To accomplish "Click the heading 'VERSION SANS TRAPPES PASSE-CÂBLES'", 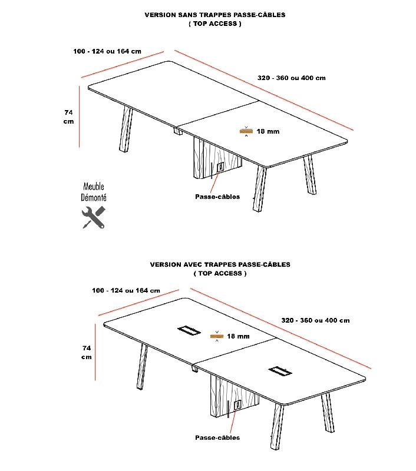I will coord(214,15).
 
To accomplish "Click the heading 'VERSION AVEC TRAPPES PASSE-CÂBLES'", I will coord(220,265).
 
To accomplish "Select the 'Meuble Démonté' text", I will coord(94,193).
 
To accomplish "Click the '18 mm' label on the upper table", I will coord(268,131).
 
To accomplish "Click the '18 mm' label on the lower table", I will coord(239,336).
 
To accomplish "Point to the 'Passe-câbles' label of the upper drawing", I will coord(217,197).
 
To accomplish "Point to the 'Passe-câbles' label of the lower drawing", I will coord(217,437).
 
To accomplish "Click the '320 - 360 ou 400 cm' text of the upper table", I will coord(291,78).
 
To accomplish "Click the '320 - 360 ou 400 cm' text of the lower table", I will coord(315,320).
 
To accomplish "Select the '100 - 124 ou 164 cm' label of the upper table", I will coord(107,51).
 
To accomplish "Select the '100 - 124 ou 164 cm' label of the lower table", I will coord(126,290).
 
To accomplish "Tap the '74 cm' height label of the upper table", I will coord(69,116).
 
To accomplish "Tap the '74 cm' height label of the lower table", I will coord(87,352).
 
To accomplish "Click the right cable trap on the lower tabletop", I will coord(280,371).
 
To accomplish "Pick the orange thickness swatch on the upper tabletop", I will coord(246,131).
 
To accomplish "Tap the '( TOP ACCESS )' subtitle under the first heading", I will coord(214,24).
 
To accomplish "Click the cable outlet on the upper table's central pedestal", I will coord(220,167).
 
